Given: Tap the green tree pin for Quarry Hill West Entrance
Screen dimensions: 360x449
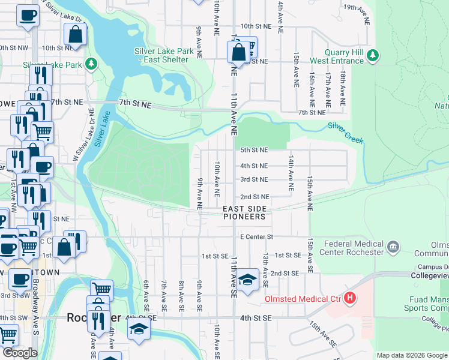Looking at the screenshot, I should [x=373, y=56].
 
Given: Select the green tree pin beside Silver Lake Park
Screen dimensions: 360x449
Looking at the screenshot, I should [x=91, y=64].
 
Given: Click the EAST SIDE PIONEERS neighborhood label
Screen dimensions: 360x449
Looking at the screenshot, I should [x=244, y=212].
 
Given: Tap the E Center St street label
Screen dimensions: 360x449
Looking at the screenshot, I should [x=256, y=237].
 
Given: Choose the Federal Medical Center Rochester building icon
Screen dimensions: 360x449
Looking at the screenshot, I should [x=393, y=247].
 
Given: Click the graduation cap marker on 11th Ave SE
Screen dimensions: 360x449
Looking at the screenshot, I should [x=247, y=280].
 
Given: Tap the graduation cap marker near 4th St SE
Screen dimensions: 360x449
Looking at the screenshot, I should [x=139, y=329].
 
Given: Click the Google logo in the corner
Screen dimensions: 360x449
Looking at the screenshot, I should [x=20, y=353].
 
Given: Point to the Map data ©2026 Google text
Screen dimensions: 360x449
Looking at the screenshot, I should [x=412, y=355].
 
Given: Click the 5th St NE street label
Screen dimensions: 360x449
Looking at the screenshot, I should [x=254, y=149].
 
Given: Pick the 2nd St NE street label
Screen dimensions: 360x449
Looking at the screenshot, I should [x=255, y=197].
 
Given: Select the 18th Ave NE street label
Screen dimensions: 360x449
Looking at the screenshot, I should [x=343, y=88].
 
